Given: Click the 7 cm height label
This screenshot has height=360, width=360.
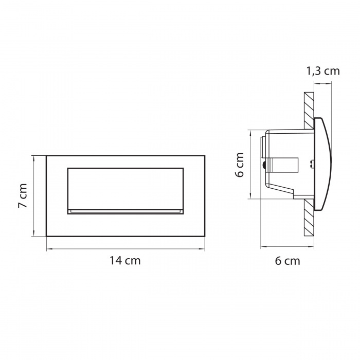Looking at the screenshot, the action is pos(23,195).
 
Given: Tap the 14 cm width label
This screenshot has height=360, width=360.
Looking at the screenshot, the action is pos(125,261).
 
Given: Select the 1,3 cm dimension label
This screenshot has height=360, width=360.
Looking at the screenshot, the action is pos(323,71).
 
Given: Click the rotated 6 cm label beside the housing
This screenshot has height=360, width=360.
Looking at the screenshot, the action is pos(240,165).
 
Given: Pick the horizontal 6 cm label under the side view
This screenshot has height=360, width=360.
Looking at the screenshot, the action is pos(287,261).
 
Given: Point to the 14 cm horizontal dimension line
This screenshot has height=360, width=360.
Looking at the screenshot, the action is pos(125,248).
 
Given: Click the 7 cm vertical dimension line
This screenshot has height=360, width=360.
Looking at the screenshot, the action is pos(34,196).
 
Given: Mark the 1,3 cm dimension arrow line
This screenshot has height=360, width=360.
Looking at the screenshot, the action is pos(323,84).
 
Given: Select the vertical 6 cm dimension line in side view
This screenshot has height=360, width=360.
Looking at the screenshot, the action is pos(250,165).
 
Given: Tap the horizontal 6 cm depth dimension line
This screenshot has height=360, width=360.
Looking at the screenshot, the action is pos(287,247).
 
